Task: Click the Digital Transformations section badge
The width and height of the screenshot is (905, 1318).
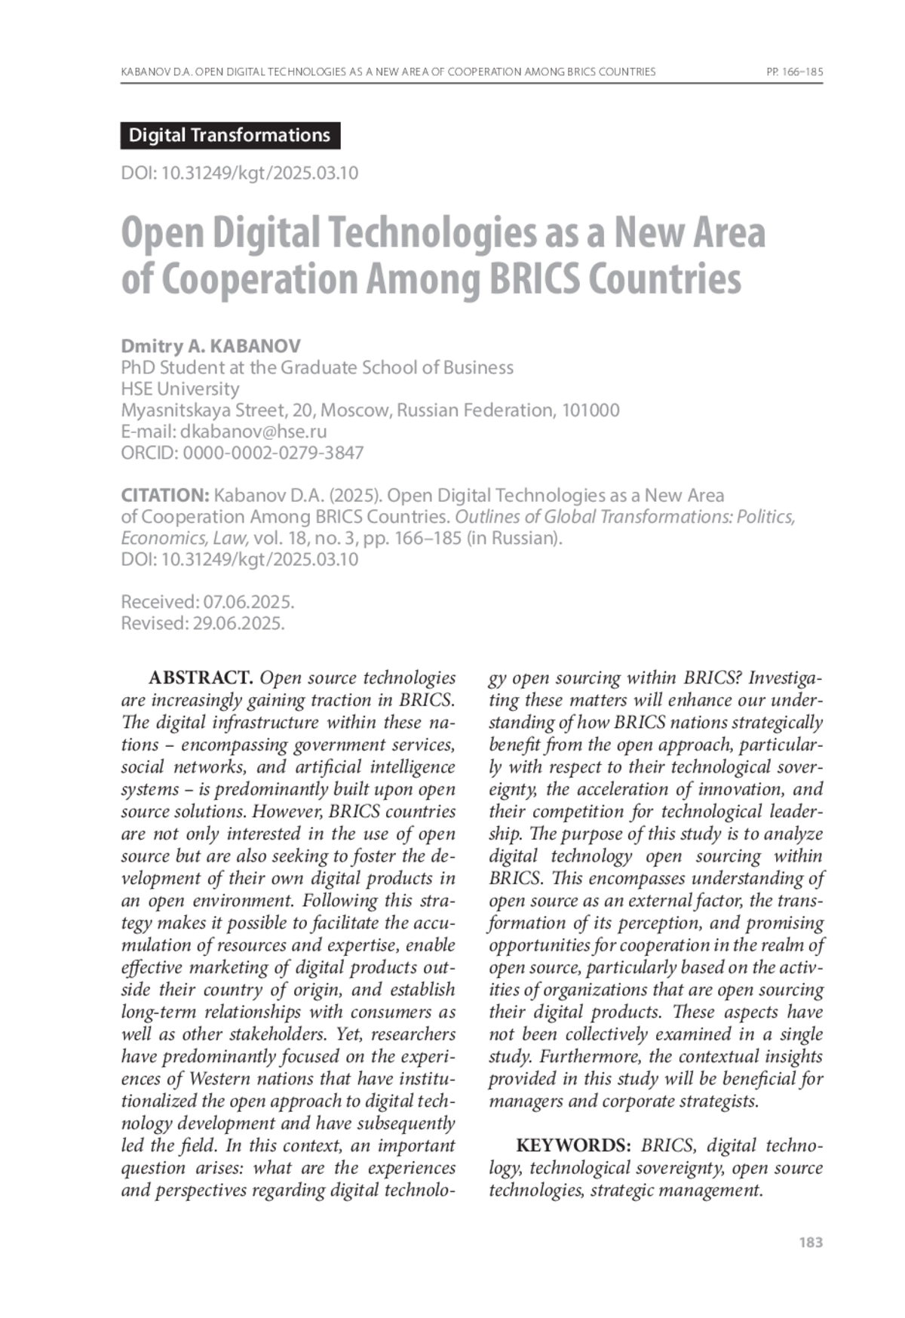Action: [x=229, y=136]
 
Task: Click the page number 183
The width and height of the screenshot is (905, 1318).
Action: [x=810, y=1243]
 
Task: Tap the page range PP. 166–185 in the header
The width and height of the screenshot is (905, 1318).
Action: [x=793, y=72]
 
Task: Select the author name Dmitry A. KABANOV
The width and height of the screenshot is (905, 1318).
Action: [x=210, y=346]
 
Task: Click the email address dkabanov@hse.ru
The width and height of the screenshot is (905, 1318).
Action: [x=253, y=432]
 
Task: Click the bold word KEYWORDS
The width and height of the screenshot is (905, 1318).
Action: [x=573, y=1145]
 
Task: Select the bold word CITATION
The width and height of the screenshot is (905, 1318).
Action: [x=165, y=496]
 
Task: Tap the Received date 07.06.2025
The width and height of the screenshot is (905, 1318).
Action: [x=248, y=602]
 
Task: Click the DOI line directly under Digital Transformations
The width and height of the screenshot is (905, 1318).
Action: [x=239, y=173]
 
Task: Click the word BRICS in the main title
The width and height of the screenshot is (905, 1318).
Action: [x=535, y=279]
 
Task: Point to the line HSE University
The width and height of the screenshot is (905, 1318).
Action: [x=180, y=389]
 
